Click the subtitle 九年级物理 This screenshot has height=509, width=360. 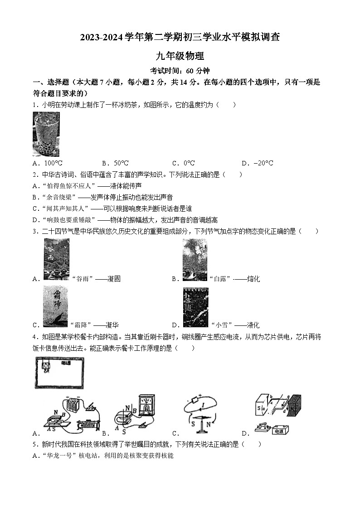point(180,56)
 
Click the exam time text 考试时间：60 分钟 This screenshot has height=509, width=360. point(180,71)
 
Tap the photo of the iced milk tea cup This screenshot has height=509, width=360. point(46,134)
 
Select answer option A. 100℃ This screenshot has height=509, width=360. point(48,163)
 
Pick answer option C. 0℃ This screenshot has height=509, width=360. point(183,163)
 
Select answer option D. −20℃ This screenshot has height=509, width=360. point(257,163)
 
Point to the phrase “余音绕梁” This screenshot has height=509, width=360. point(58,197)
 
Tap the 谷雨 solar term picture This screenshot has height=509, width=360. point(56,259)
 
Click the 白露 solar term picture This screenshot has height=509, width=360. point(194,259)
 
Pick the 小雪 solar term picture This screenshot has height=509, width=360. point(195,307)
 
